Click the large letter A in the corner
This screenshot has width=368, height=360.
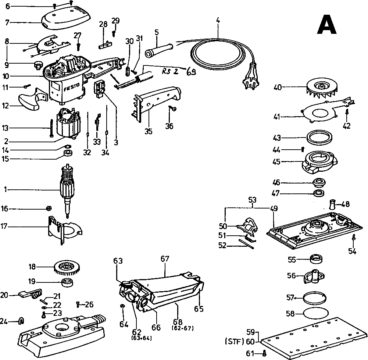tap(327, 25)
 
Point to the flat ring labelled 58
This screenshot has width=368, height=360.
tap(315, 313)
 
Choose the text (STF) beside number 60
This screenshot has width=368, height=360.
tap(234, 342)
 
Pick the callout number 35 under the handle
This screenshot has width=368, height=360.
tap(148, 131)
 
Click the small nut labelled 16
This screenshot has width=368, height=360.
tap(47, 208)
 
